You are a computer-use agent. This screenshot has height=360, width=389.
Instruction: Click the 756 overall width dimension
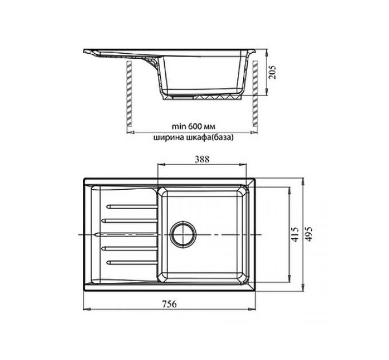pyautogui.click(x=169, y=303)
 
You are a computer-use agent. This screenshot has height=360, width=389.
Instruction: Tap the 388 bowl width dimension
pyautogui.click(x=202, y=159)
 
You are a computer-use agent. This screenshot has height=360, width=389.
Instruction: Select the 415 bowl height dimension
pyautogui.click(x=295, y=234)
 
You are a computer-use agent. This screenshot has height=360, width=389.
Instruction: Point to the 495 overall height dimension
pyautogui.click(x=308, y=234)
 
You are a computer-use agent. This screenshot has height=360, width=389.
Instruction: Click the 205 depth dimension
pyautogui.click(x=272, y=72)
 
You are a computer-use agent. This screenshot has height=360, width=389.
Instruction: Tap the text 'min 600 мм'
pyautogui.click(x=193, y=126)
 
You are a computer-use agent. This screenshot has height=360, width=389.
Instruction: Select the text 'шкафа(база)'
pyautogui.click(x=209, y=138)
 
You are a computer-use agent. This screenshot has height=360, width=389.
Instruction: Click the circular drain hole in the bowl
pyautogui.click(x=183, y=234)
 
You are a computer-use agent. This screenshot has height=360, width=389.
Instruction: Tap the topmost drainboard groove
pyautogui.click(x=132, y=207)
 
